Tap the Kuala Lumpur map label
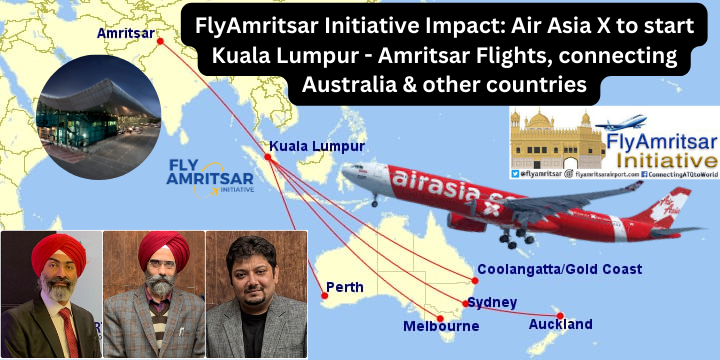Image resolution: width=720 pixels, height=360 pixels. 315,146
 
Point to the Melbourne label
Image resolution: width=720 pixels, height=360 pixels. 441,326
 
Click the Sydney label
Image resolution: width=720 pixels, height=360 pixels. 493,302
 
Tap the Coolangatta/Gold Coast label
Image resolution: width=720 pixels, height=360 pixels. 559,269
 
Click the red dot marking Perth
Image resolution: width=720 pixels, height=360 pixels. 323,295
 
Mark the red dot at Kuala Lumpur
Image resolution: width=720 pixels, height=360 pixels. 268,157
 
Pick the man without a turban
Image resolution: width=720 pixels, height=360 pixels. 256,296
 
